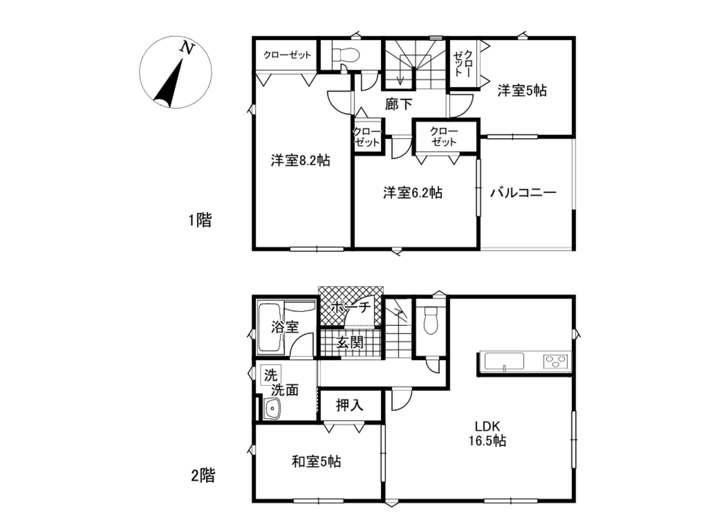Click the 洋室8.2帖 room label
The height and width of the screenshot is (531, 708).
(300, 160)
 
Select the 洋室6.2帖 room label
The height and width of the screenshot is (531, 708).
(412, 193)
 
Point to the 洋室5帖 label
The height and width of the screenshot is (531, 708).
(522, 91)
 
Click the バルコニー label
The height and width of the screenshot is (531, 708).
(523, 193)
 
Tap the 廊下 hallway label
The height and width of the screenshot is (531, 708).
(399, 104)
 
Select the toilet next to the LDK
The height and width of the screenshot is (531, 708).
(431, 320)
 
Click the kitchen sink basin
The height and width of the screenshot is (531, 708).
(504, 361)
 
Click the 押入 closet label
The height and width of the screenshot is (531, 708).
(350, 405)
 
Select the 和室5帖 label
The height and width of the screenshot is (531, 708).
(316, 462)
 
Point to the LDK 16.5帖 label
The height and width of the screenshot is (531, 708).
(487, 434)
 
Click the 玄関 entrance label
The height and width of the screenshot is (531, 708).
(350, 342)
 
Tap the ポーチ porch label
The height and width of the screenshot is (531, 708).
(351, 307)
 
